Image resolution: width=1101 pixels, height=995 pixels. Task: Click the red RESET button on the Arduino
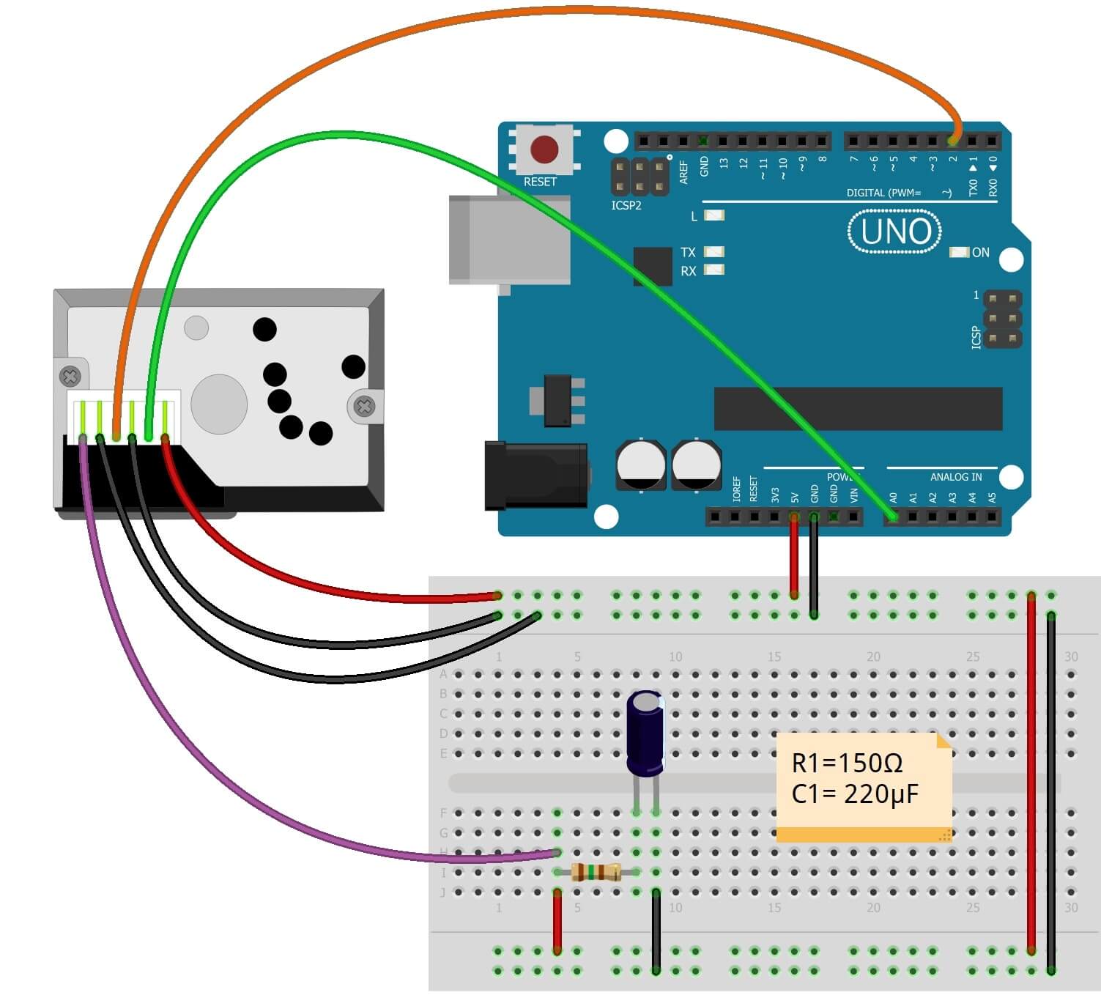pyautogui.click(x=544, y=149)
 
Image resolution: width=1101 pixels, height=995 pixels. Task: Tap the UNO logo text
pyautogui.click(x=895, y=232)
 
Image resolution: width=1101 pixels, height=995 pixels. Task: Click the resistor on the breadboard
pyautogui.click(x=595, y=872)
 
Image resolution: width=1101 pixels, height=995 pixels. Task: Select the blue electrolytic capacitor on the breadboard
pyautogui.click(x=645, y=733)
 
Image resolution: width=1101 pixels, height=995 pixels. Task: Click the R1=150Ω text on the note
pyautogui.click(x=847, y=763)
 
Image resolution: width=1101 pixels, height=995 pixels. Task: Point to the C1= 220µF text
pyautogui.click(x=854, y=794)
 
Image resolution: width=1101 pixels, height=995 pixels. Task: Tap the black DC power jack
pyautogui.click(x=535, y=476)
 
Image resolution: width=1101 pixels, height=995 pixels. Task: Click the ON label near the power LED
pyautogui.click(x=980, y=253)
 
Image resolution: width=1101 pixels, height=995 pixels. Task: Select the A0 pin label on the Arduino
pyautogui.click(x=893, y=497)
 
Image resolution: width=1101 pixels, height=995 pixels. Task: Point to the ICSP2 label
pyautogui.click(x=626, y=206)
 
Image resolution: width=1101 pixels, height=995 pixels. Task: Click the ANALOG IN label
pyautogui.click(x=955, y=477)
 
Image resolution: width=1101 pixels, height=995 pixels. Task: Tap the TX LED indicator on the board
pyautogui.click(x=713, y=252)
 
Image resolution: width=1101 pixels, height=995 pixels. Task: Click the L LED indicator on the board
pyautogui.click(x=713, y=215)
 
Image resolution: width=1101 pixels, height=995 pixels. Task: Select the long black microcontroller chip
pyautogui.click(x=858, y=409)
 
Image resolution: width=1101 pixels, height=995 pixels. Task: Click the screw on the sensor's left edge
pyautogui.click(x=70, y=377)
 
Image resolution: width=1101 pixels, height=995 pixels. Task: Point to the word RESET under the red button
pyautogui.click(x=540, y=182)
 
